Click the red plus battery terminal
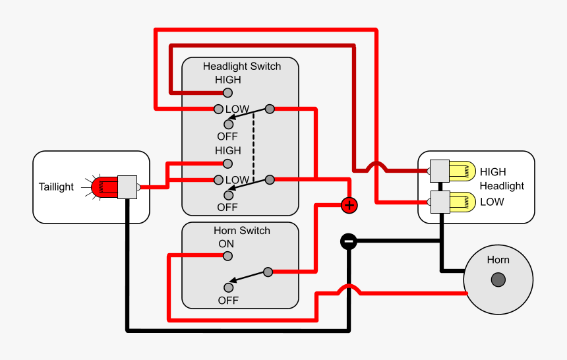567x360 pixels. (349, 205)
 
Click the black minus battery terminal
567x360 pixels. (349, 241)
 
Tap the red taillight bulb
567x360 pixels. (104, 187)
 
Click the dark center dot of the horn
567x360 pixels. (498, 280)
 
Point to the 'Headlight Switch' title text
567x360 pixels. (241, 67)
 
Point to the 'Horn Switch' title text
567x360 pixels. (241, 231)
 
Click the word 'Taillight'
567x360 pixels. (56, 187)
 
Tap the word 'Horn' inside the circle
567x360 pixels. (498, 260)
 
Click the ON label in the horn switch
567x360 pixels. (226, 244)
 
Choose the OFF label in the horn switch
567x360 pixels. (227, 301)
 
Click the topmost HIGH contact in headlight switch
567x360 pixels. (228, 92)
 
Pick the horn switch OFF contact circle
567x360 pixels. (228, 287)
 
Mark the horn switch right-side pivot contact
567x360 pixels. (268, 272)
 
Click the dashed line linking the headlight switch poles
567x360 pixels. (254, 144)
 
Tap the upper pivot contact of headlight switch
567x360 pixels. (269, 108)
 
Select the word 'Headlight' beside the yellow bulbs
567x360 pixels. (502, 187)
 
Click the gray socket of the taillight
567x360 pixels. (127, 187)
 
